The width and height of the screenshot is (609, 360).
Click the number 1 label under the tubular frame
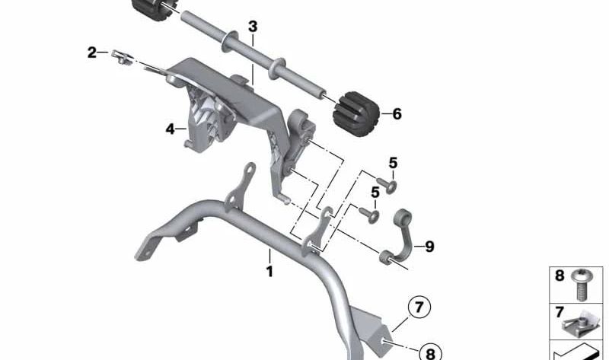point(269,271)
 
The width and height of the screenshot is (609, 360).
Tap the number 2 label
point(92,53)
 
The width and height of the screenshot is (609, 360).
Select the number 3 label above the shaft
point(253,27)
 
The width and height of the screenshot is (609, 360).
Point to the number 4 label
point(171,129)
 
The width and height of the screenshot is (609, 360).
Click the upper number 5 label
point(393,162)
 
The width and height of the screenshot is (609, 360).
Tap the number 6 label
point(396,114)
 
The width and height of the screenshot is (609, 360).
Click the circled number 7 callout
point(418,308)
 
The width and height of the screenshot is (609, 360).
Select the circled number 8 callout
point(429,352)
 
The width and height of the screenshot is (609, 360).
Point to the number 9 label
point(429,246)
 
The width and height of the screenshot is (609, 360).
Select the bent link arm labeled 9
point(403,238)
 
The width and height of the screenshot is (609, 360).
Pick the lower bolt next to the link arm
point(372,214)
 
